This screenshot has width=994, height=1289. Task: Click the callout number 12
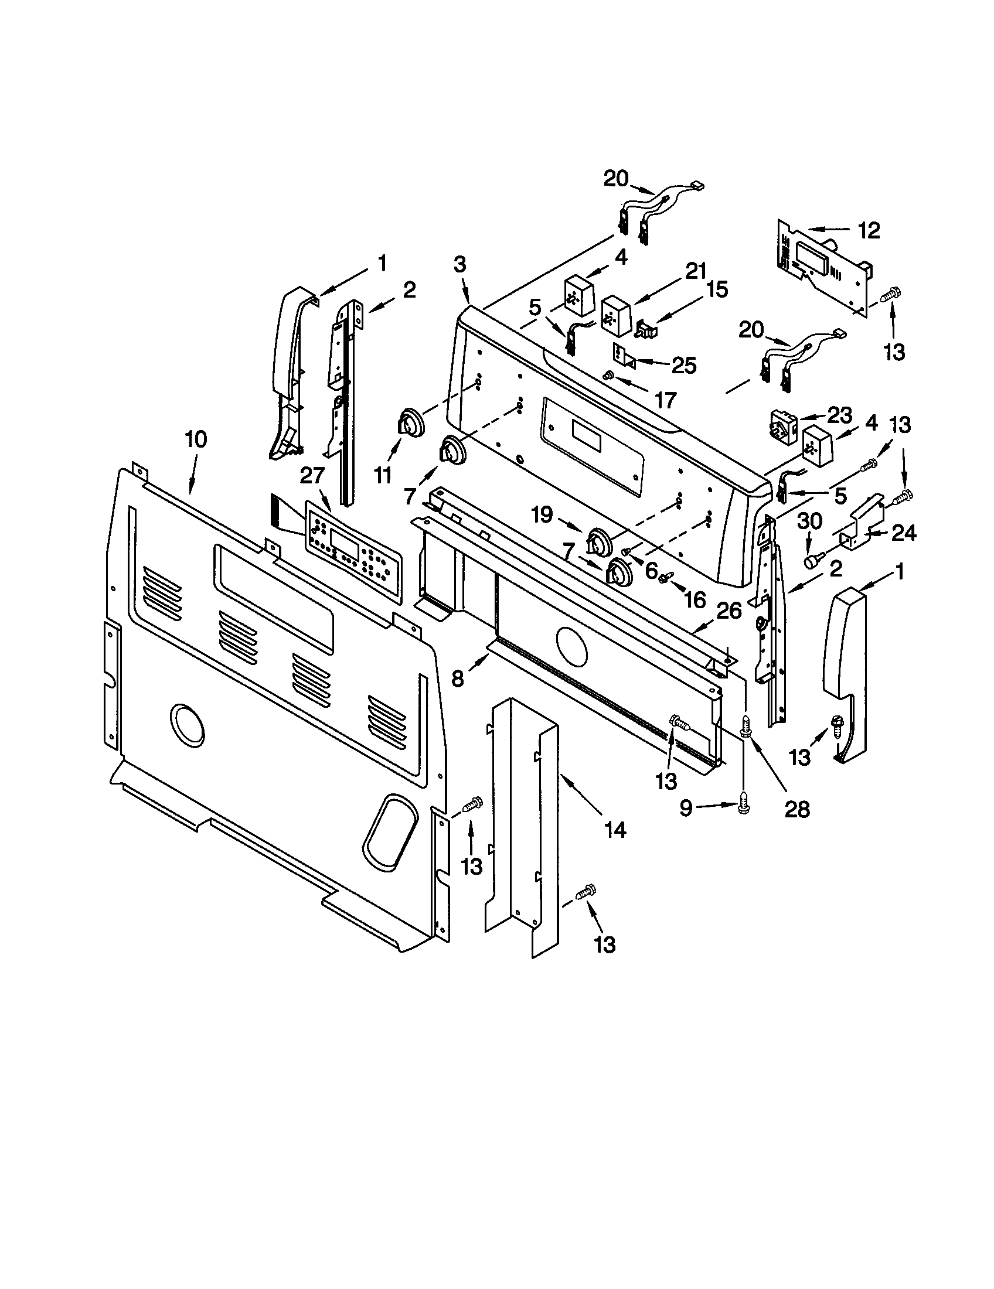click(869, 230)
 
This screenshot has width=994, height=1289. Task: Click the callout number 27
click(313, 476)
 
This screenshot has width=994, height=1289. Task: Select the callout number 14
click(614, 830)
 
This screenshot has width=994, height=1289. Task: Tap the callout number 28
click(796, 809)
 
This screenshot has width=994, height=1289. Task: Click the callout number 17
click(665, 401)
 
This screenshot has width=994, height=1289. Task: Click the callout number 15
click(717, 289)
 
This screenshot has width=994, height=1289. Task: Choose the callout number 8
click(458, 678)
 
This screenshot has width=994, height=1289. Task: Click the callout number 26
click(729, 611)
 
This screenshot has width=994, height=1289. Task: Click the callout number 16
click(695, 599)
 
